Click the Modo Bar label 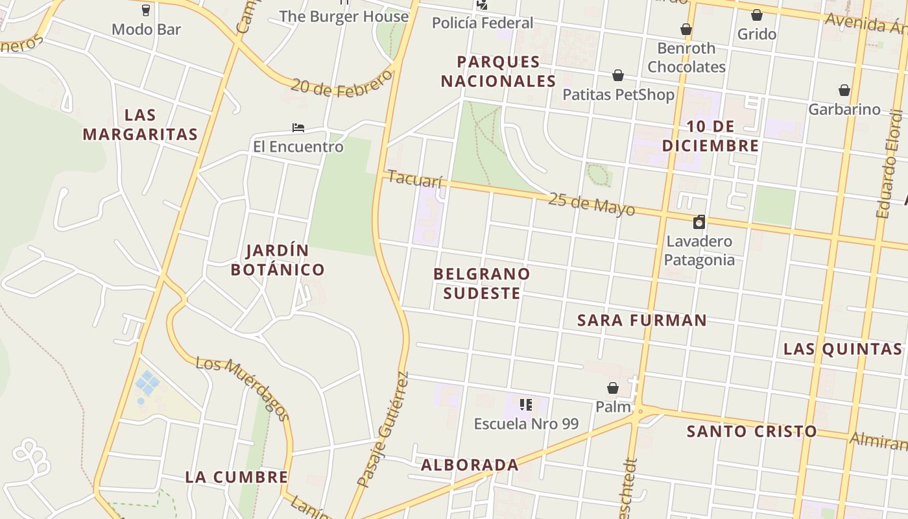(x=146, y=29)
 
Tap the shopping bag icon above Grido (x=756, y=15)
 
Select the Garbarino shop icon (x=844, y=90)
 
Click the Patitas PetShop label (x=618, y=95)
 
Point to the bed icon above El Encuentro (x=298, y=128)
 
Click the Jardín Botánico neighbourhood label (x=277, y=260)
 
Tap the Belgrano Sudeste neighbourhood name (x=481, y=284)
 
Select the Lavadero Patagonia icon (x=699, y=222)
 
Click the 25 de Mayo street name (x=591, y=204)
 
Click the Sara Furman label (x=641, y=320)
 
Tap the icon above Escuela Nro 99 (x=525, y=405)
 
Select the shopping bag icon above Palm (x=612, y=389)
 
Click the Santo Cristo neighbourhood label (x=751, y=431)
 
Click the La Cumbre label (x=236, y=477)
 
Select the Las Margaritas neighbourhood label (x=140, y=125)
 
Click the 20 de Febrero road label (x=342, y=83)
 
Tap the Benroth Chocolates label (x=686, y=58)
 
